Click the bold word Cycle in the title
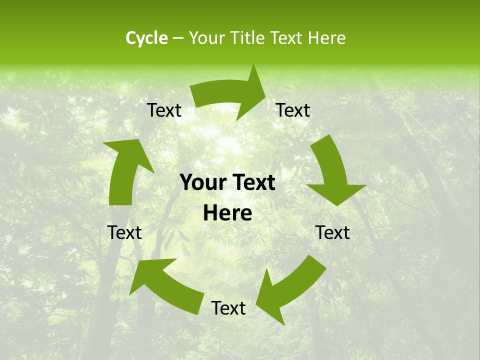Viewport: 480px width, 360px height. pyautogui.click(x=146, y=38)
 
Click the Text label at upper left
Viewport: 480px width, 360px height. pyautogui.click(x=164, y=110)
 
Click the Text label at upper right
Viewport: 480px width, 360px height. pyautogui.click(x=293, y=110)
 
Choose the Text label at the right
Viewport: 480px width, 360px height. pyautogui.click(x=332, y=233)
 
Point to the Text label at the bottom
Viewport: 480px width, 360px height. pyautogui.click(x=228, y=308)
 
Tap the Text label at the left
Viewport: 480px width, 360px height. pyautogui.click(x=124, y=233)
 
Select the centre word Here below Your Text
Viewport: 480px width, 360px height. pyautogui.click(x=227, y=213)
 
